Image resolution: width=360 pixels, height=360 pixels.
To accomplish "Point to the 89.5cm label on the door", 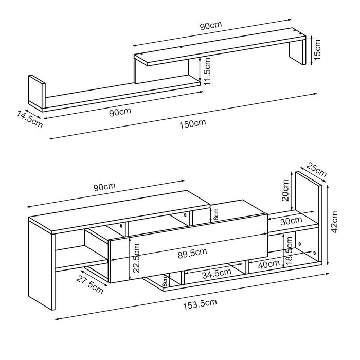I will [x=193, y=251].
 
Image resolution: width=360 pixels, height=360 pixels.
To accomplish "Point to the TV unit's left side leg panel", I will [x=41, y=262].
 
